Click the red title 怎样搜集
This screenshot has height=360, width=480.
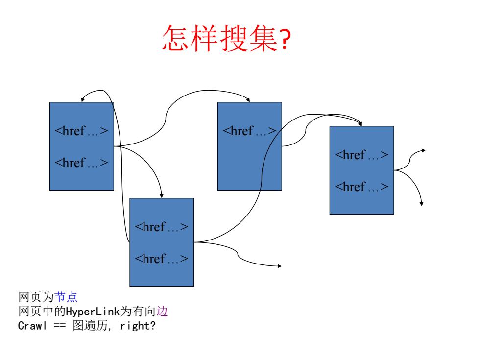pos(220,38)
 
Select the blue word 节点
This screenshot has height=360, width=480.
pos(66,297)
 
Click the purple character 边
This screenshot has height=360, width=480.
pos(162,312)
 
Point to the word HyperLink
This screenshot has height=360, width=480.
pos(93,312)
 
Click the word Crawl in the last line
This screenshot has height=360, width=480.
pos(32,325)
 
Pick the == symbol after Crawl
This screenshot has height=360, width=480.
pos(60,326)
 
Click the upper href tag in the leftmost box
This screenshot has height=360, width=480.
pos(81,131)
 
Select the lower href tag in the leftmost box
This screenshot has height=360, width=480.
pos(81,163)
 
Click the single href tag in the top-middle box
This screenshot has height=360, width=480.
pos(249,131)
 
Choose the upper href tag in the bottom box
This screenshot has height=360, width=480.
pos(161,227)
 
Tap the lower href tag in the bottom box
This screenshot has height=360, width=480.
pos(161,259)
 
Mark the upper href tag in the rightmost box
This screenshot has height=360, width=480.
pos(361,155)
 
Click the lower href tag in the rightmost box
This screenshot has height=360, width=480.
pos(361,187)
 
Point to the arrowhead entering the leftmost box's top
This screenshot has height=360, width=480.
pos(82,99)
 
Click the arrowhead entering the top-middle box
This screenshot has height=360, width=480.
pos(248,100)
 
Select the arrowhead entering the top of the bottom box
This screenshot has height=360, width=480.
pos(162,196)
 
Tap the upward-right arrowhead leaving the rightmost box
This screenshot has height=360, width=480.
pos(423,151)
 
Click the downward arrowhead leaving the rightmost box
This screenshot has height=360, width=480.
pos(422,204)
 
